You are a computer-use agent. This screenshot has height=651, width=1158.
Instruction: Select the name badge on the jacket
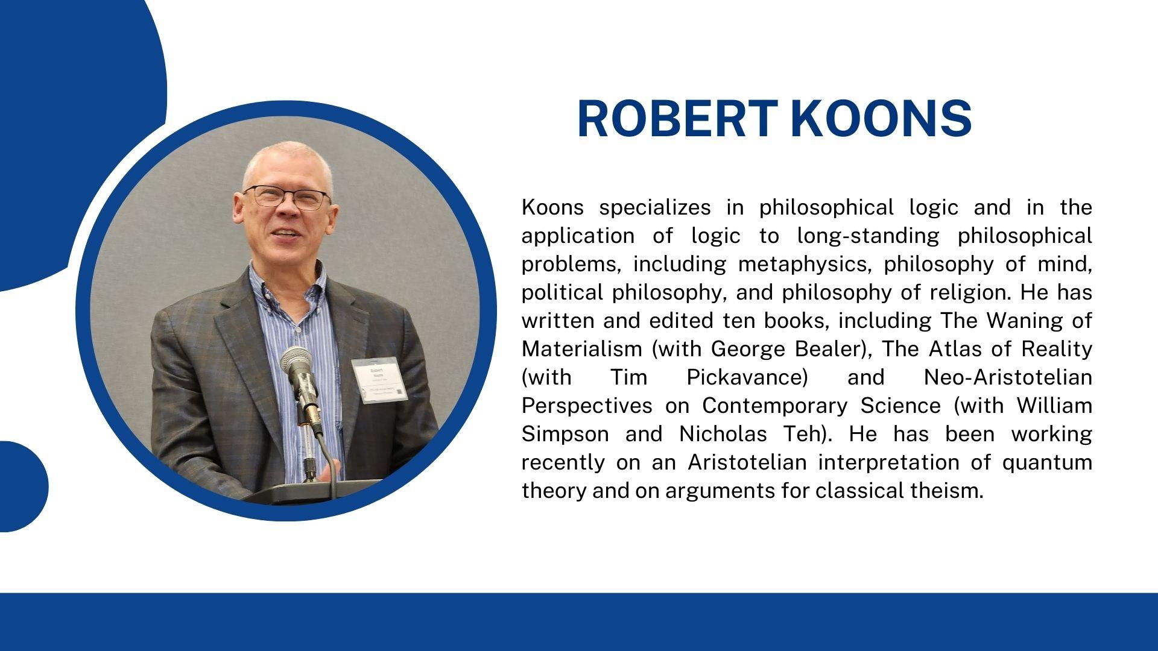click(379, 380)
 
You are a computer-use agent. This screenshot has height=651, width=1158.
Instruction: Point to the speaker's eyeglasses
click(288, 198)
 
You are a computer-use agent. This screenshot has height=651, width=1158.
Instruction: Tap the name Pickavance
click(747, 377)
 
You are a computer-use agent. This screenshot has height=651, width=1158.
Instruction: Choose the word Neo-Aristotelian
click(1008, 377)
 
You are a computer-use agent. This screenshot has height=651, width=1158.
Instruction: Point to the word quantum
click(1047, 463)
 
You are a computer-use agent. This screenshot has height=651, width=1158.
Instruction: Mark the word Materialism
click(581, 348)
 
